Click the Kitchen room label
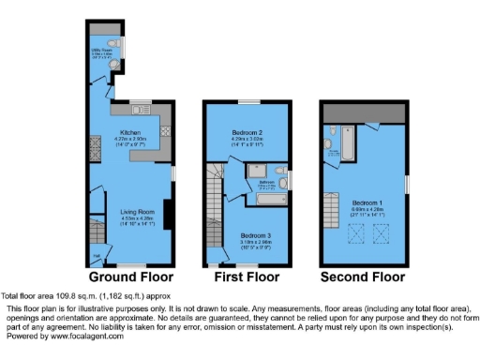tap(130, 132)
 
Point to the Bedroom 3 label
tap(254, 234)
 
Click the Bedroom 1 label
tap(366, 202)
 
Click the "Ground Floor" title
tap(131, 277)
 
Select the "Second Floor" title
tap(364, 277)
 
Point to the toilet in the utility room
tap(113, 43)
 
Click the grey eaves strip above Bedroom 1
tap(364, 112)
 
